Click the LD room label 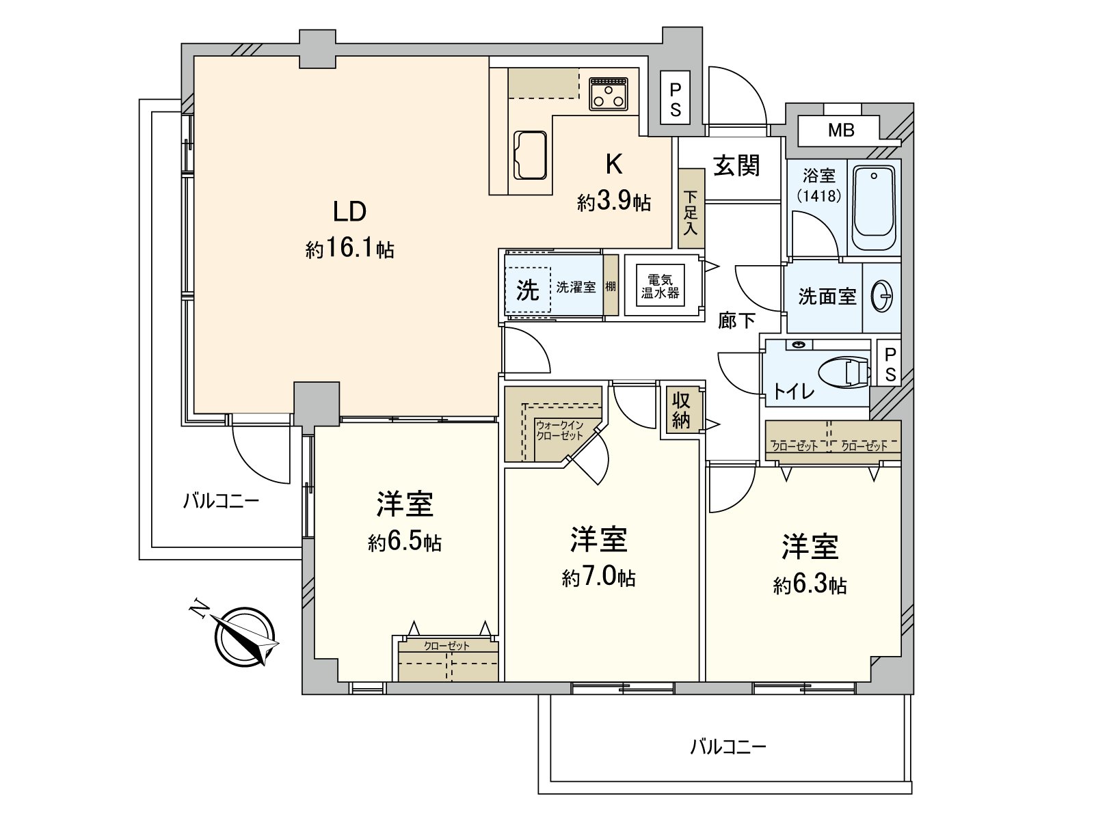(350, 212)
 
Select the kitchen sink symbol (530, 155)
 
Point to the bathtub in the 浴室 (874, 208)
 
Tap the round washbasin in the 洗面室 (881, 297)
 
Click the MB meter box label (841, 131)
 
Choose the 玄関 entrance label (736, 165)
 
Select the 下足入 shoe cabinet (691, 208)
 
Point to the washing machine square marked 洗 (528, 290)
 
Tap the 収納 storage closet (681, 411)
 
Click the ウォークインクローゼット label (559, 430)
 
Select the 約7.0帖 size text (598, 578)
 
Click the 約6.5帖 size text (405, 542)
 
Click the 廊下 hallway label (736, 321)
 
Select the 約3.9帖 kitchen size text (614, 203)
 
